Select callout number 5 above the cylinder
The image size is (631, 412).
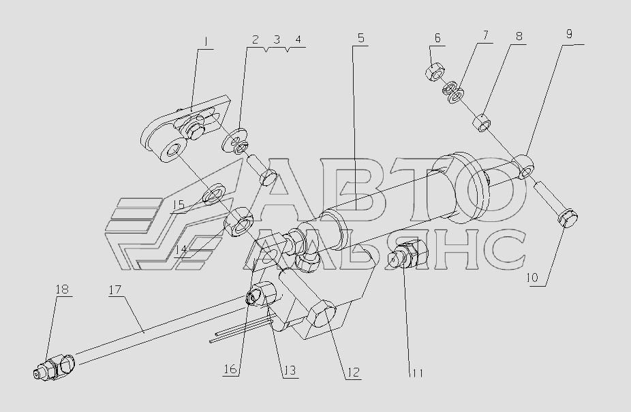360,38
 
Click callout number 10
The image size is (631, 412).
531,278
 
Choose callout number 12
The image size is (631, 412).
353,373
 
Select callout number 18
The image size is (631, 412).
62,289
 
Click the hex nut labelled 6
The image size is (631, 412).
435,71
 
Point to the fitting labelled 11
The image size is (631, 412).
407,259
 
